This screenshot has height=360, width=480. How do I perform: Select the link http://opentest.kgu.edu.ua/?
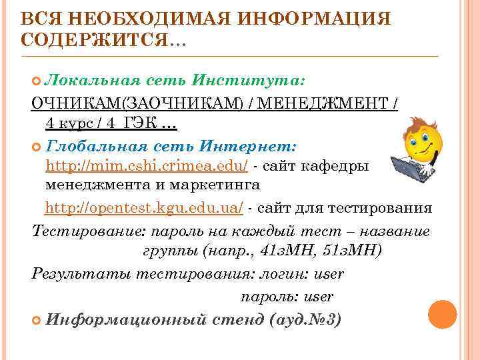pos(144,208)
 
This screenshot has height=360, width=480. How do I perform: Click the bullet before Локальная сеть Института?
pos(37,81)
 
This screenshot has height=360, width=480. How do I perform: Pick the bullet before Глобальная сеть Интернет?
pos(37,145)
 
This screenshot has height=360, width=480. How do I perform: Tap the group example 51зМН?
pos(351,251)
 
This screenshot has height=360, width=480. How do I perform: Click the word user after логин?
pos(329,274)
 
